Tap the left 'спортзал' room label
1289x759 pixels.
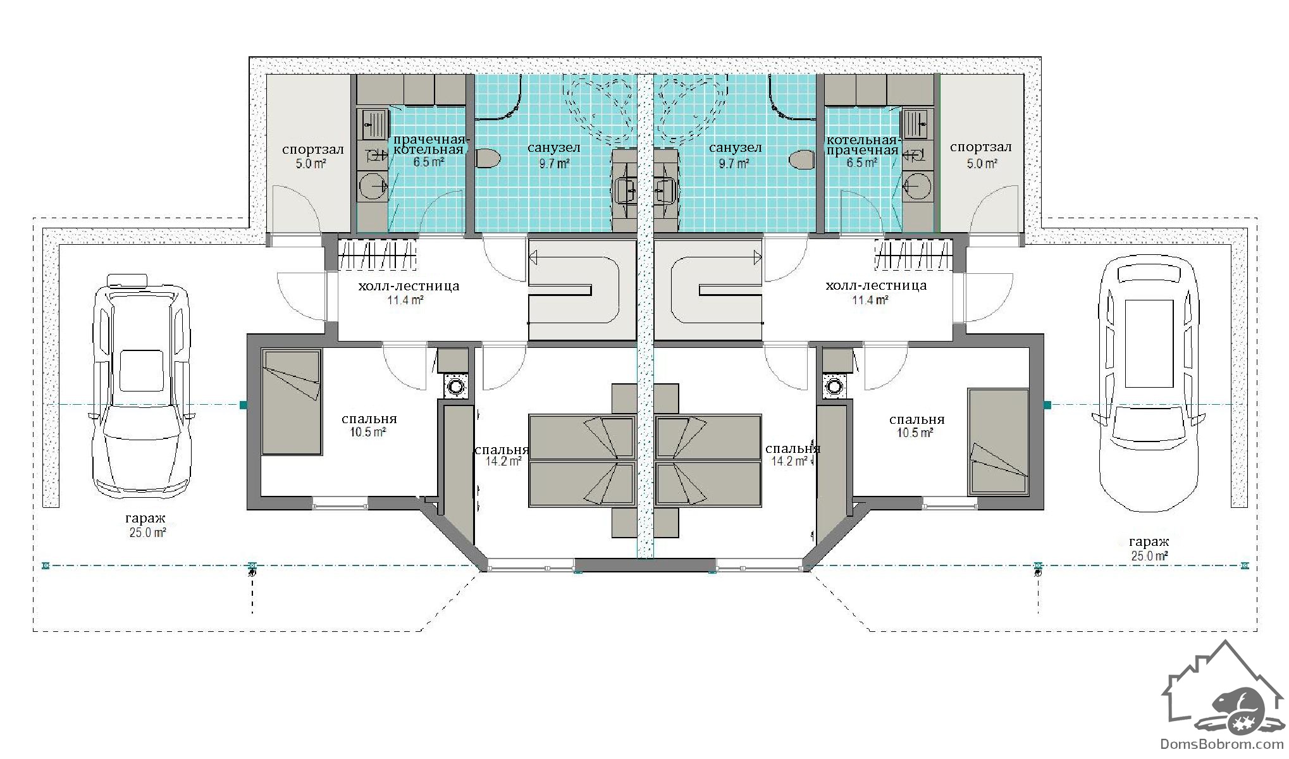[313, 150]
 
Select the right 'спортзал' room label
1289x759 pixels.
[980, 147]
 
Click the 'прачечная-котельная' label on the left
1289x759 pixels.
[429, 145]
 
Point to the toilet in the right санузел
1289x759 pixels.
[803, 159]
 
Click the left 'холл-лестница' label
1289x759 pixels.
[409, 287]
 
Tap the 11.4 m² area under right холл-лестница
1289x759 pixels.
[870, 300]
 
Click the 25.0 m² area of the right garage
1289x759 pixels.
[1149, 556]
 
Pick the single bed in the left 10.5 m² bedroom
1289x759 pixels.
[291, 402]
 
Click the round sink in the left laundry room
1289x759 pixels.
[374, 186]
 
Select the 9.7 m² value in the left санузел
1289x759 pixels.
[553, 163]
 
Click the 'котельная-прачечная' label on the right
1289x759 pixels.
[862, 145]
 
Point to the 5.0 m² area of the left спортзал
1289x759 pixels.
[311, 164]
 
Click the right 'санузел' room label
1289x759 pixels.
[735, 148]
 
